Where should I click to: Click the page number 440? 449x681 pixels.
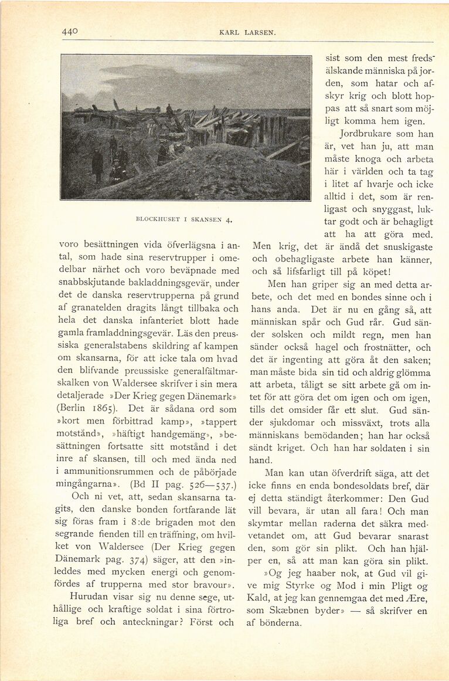tap(70, 32)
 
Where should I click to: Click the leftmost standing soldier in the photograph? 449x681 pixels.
tap(97, 162)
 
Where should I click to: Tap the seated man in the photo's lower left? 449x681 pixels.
tap(117, 172)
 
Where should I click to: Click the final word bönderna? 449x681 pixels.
tap(282, 622)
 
